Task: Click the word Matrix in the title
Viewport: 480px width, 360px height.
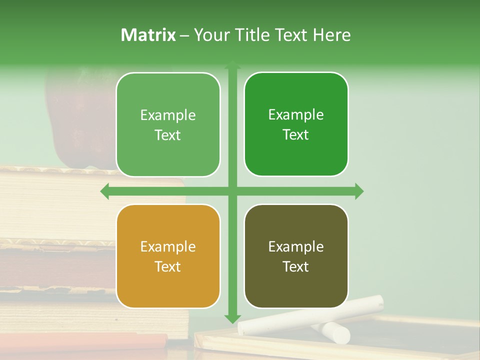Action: tap(148, 35)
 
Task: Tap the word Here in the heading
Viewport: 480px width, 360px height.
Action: tap(331, 35)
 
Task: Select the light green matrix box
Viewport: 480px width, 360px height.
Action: tap(168, 155)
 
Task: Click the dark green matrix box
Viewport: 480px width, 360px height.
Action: tap(296, 155)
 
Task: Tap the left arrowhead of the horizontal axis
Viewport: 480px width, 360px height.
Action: tap(105, 191)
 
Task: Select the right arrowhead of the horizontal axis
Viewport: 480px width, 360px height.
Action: tap(359, 191)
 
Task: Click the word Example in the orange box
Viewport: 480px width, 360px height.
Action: tap(168, 247)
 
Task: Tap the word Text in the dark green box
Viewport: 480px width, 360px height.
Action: tap(296, 134)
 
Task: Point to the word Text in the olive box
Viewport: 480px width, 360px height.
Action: tap(296, 266)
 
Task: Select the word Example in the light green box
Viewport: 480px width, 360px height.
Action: tap(168, 115)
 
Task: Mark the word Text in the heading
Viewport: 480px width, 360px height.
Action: tap(292, 35)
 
